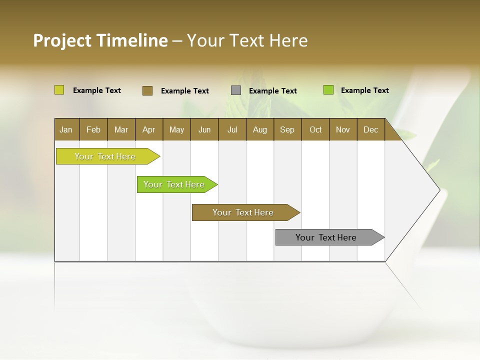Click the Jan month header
(66, 129)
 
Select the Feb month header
(93, 129)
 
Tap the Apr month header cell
(149, 129)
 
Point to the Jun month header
(204, 129)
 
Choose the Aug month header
(260, 129)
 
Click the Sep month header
(287, 129)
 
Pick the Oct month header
(315, 129)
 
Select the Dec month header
(371, 129)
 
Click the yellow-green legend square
(59, 90)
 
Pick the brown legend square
(147, 90)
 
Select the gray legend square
(236, 90)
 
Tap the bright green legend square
(328, 90)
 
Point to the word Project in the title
(62, 40)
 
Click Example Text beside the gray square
(273, 91)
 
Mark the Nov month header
(343, 129)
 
